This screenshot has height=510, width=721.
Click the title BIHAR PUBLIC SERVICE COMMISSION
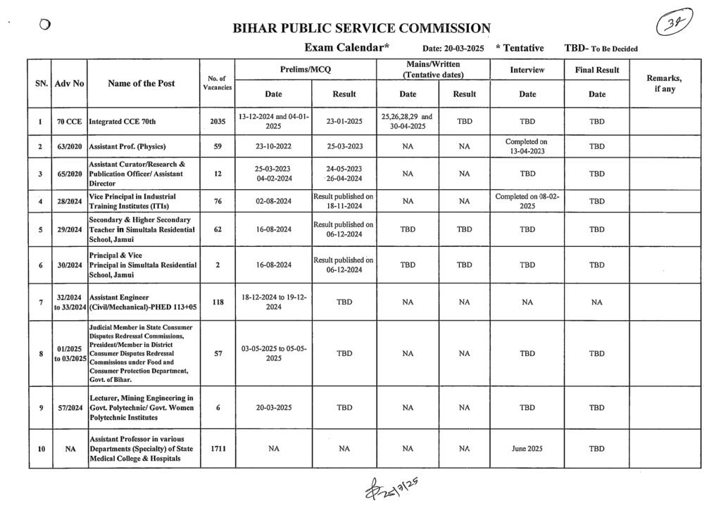pos(361,29)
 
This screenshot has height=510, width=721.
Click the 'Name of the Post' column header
pos(142,83)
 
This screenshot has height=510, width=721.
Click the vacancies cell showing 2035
pos(218,121)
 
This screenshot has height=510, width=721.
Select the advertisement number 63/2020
pos(70,146)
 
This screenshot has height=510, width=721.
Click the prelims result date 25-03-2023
pos(344,146)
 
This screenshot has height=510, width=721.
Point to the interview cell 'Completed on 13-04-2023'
pos(527,146)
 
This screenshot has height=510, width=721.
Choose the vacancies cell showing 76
pos(218,201)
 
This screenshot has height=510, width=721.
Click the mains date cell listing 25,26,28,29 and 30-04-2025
pos(407,121)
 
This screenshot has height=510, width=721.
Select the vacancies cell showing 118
pos(218,302)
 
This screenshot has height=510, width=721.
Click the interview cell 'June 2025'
pos(527,448)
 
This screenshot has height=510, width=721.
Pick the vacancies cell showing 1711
pos(218,448)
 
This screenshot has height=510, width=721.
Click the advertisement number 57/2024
pos(70,407)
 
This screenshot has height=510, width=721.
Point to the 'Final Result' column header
pos(596,70)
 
